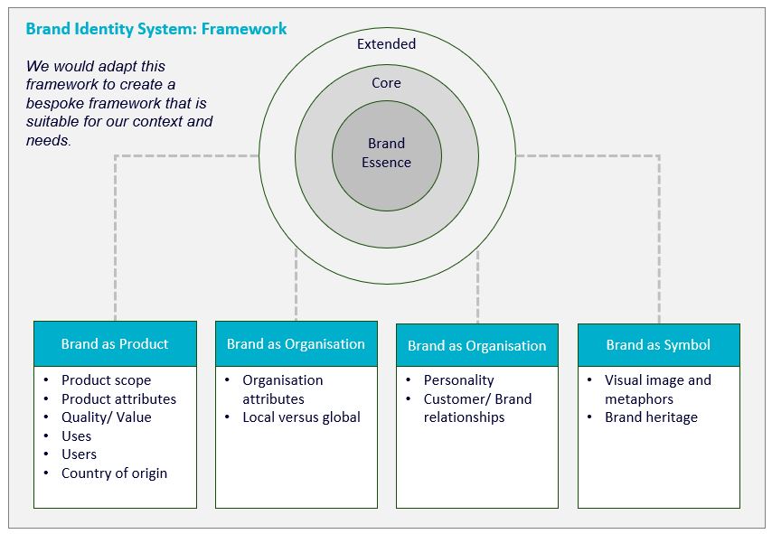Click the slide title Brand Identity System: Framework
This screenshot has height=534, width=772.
pyautogui.click(x=156, y=29)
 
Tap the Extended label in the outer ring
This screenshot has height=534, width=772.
pyautogui.click(x=386, y=44)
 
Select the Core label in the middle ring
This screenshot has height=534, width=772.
pyautogui.click(x=386, y=83)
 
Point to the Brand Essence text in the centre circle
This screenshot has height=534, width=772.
pyautogui.click(x=386, y=153)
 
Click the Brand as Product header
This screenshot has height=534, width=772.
pyautogui.click(x=115, y=344)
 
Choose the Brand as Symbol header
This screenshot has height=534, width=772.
pyautogui.click(x=658, y=344)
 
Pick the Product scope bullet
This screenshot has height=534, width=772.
pyautogui.click(x=106, y=380)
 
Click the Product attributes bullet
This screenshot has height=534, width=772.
pyautogui.click(x=118, y=398)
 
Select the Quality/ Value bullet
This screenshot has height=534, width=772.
pyautogui.click(x=106, y=417)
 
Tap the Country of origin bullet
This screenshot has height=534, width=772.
pyautogui.click(x=114, y=473)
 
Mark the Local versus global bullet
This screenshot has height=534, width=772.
pyautogui.click(x=301, y=417)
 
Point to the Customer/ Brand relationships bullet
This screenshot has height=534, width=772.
pyautogui.click(x=477, y=408)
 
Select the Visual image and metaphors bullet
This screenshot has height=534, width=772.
pyautogui.click(x=657, y=389)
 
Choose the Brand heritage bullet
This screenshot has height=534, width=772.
pyautogui.click(x=651, y=417)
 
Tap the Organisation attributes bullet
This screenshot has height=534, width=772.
pyautogui.click(x=282, y=389)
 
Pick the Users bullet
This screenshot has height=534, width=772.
pyautogui.click(x=79, y=454)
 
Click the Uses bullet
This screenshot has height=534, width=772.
pyautogui.click(x=76, y=436)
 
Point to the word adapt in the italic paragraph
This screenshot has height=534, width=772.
pyautogui.click(x=110, y=66)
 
